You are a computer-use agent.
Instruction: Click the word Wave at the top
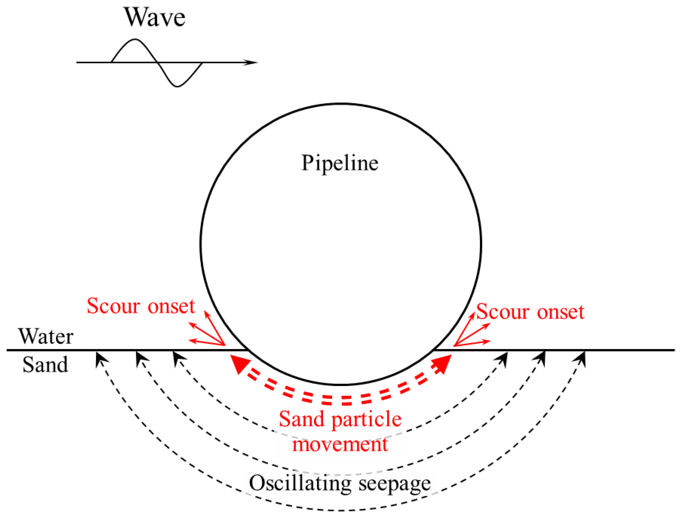click(x=154, y=17)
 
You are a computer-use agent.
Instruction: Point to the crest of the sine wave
click(x=135, y=40)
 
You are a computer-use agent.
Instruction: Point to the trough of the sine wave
click(x=177, y=86)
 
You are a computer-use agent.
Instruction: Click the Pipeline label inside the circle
click(x=340, y=163)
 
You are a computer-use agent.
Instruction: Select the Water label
click(x=46, y=337)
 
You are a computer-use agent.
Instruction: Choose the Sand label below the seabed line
click(x=45, y=365)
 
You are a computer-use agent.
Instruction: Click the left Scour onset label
click(x=141, y=306)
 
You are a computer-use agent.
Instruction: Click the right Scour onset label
click(x=530, y=312)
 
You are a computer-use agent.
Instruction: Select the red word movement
click(x=340, y=445)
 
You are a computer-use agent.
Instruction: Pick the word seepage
click(x=394, y=484)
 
